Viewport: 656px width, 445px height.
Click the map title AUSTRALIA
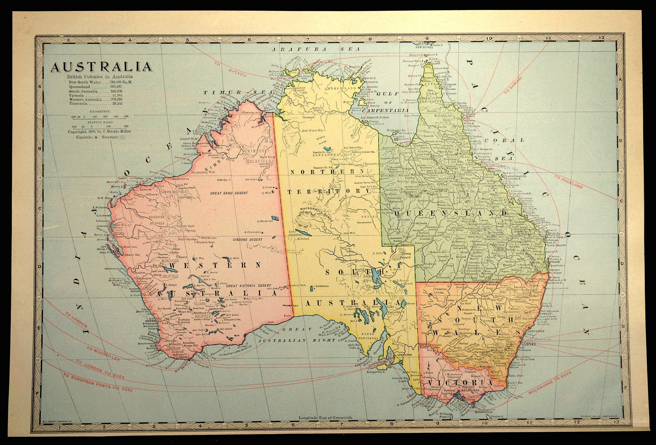pos(101,67)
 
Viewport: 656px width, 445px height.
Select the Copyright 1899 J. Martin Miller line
pos(99,132)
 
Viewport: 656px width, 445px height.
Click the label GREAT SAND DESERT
pos(229,193)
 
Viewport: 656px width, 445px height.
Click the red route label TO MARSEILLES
pos(103,354)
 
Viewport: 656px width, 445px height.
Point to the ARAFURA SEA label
pos(316,49)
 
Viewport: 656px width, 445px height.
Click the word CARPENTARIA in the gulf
pos(385,111)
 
